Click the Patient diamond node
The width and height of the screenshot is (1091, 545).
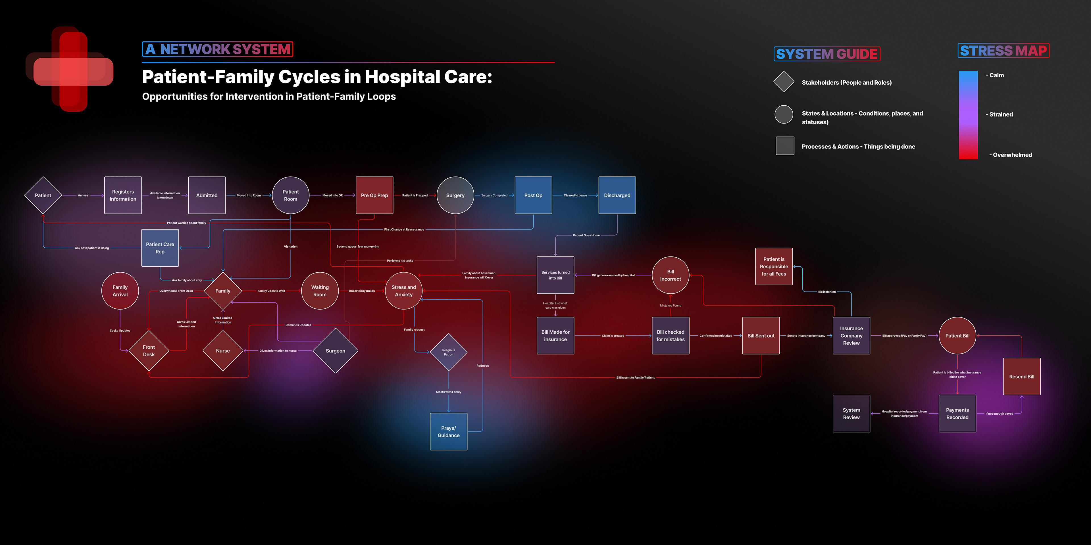43,195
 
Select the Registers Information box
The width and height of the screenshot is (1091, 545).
123,195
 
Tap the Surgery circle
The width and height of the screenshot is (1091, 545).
455,195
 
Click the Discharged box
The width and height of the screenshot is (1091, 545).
617,195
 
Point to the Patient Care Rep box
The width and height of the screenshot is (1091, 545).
160,248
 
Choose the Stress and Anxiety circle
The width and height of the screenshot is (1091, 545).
404,291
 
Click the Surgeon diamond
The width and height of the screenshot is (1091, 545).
336,351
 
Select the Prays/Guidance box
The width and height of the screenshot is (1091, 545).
449,431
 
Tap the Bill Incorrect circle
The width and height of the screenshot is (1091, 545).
671,275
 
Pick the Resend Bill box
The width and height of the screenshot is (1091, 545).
1022,377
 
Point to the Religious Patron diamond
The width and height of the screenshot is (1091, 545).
449,352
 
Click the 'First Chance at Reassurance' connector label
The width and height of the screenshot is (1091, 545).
404,229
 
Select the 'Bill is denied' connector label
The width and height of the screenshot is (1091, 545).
827,292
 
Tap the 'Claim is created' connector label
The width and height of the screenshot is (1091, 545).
613,336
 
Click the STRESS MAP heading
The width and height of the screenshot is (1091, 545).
1003,51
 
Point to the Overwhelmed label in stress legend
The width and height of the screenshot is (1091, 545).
1012,155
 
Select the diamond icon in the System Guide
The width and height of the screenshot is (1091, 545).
784,82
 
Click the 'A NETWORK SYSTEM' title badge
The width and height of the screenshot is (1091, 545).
218,49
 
